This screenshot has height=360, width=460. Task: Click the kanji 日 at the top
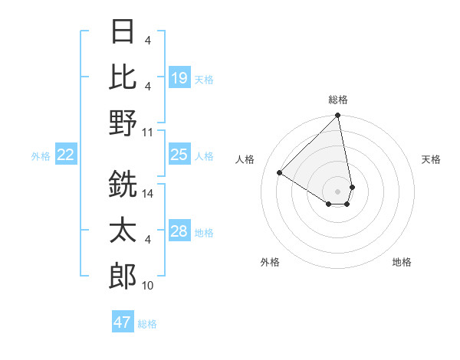coord(123,33)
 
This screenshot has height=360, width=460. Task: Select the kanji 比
coord(123,77)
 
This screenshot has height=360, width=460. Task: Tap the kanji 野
coord(123,123)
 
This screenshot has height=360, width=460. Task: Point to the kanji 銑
coord(123,185)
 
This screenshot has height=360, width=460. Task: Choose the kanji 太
coord(123,231)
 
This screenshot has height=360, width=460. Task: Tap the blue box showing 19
coord(179,77)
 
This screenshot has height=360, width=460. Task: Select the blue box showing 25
coord(179,155)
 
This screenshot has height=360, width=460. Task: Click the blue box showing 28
coord(179,231)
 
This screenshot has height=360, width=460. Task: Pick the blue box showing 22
coord(66,155)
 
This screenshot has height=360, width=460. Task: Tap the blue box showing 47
coord(123,322)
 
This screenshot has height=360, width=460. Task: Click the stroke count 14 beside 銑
coord(149,194)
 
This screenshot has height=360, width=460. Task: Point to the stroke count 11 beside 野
coord(148,132)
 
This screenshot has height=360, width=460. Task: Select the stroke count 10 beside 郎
coord(148,286)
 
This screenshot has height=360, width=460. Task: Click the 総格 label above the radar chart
coord(338,100)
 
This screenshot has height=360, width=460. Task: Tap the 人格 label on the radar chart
coord(245,159)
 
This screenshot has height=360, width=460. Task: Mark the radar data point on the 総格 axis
coord(338,116)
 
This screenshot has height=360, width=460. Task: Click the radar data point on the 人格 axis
coord(280,173)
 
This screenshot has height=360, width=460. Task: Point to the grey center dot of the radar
coord(338,191)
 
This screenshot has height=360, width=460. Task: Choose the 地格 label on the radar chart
coord(402,262)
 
